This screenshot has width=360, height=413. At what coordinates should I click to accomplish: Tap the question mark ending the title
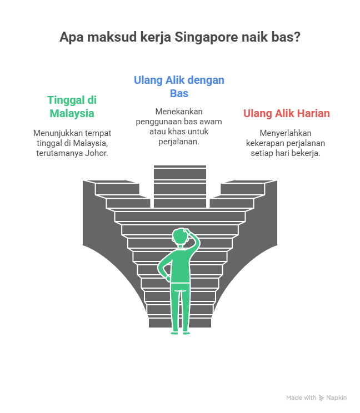pyautogui.click(x=297, y=38)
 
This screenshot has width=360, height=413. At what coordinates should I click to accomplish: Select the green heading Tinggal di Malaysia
pyautogui.click(x=72, y=107)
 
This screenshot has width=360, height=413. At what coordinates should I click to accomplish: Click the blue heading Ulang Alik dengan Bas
pyautogui.click(x=179, y=86)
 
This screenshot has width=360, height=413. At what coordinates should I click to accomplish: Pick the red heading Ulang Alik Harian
pyautogui.click(x=286, y=113)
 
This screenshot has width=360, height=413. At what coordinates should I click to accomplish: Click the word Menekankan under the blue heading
pyautogui.click(x=179, y=111)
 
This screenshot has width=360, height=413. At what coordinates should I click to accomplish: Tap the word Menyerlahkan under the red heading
pyautogui.click(x=286, y=133)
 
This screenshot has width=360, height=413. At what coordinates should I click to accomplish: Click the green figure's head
pyautogui.click(x=180, y=236)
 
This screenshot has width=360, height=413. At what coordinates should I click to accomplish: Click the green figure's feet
pyautogui.click(x=179, y=332)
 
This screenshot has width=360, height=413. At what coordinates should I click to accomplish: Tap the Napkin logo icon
pyautogui.click(x=321, y=398)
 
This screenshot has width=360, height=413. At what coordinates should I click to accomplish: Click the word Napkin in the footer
pyautogui.click(x=337, y=398)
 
